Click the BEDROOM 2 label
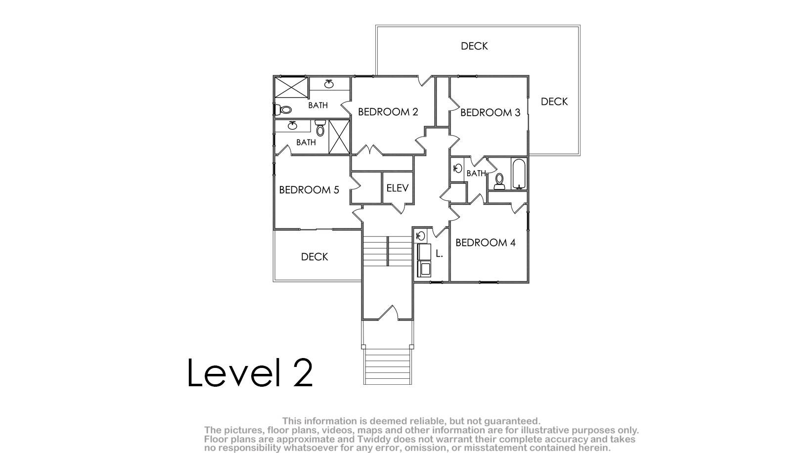click(388, 112)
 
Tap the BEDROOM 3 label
click(491, 113)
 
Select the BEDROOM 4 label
click(485, 242)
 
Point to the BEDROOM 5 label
click(309, 190)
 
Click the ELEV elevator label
click(398, 188)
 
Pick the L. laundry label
click(439, 254)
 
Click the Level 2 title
click(250, 373)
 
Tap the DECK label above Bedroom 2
click(474, 46)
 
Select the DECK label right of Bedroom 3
click(554, 101)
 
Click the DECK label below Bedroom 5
click(314, 257)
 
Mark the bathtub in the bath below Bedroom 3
click(519, 174)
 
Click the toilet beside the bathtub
click(499, 181)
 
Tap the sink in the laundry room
click(420, 236)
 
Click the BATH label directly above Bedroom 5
click(306, 142)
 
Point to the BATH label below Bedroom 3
click(476, 174)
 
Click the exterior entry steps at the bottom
click(387, 366)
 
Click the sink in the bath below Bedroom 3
click(458, 168)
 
